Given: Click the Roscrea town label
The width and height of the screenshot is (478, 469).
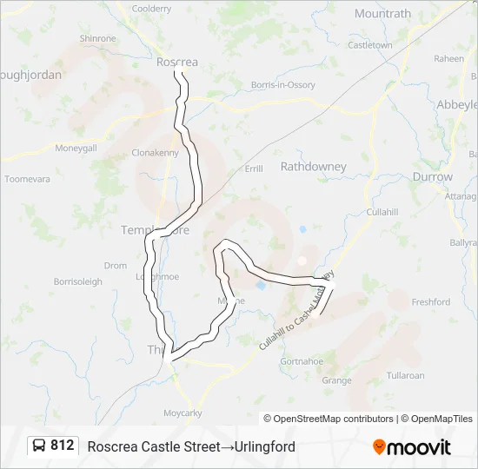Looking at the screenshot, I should tap(176, 62).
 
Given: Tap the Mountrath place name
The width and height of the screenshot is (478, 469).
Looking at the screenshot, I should tap(382, 14).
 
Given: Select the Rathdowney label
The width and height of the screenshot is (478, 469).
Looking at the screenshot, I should tap(313, 166).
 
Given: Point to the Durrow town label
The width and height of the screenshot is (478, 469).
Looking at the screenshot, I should tap(432, 176).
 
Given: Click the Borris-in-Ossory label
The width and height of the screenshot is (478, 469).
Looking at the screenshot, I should tap(282, 85).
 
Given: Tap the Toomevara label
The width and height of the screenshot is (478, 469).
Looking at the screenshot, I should tap(27, 179).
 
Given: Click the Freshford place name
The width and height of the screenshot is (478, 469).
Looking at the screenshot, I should tap(430, 302).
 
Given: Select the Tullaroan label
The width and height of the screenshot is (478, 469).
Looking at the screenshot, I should tap(405, 376).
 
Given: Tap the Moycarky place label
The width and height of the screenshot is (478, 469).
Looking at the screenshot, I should tap(183, 413).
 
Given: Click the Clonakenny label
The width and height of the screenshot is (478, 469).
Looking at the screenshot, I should tap(155, 152).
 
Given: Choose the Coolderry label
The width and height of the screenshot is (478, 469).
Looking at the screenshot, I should tap(151, 8).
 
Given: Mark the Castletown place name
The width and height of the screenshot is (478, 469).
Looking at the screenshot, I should tap(370, 44).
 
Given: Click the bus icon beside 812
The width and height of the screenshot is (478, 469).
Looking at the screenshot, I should tap(39, 446).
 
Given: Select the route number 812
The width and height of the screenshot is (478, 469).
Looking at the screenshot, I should tap(62, 446).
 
